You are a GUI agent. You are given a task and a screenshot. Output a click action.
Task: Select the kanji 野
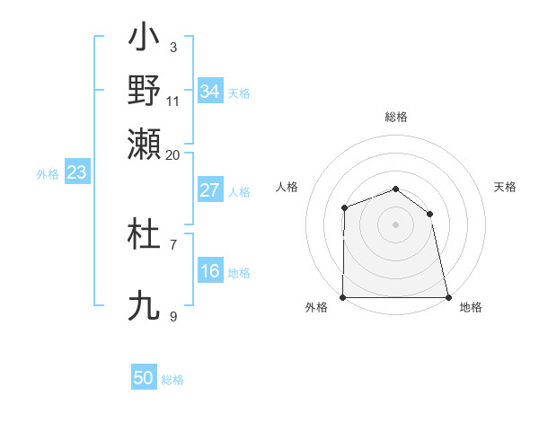click(145, 90)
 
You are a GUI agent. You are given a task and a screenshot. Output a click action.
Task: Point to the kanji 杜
click(145, 235)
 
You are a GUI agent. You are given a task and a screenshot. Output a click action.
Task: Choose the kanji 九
click(145, 305)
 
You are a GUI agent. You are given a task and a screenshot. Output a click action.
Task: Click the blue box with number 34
click(209, 91)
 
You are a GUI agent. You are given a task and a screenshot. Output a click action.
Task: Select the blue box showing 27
click(209, 190)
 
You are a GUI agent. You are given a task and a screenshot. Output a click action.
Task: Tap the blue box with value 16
click(209, 271)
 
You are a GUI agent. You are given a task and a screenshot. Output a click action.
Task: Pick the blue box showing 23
click(76, 172)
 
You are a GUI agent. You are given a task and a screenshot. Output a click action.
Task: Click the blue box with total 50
click(144, 378)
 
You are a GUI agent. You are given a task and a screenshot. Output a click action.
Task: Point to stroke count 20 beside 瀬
click(172, 154)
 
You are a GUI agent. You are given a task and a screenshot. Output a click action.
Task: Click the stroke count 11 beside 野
click(172, 101)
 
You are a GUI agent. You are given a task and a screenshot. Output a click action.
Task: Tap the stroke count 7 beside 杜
click(173, 244)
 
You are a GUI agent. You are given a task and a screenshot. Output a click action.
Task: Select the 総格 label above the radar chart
click(396, 117)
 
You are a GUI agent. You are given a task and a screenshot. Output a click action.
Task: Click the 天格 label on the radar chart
click(505, 187)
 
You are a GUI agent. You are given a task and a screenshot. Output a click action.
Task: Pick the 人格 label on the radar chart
click(287, 187)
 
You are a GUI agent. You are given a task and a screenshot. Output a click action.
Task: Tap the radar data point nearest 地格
click(448, 297)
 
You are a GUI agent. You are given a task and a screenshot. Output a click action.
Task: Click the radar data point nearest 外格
click(343, 297)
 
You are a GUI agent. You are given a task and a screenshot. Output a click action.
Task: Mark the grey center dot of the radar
click(396, 224)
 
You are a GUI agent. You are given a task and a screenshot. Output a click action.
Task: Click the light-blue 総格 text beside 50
click(172, 379)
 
